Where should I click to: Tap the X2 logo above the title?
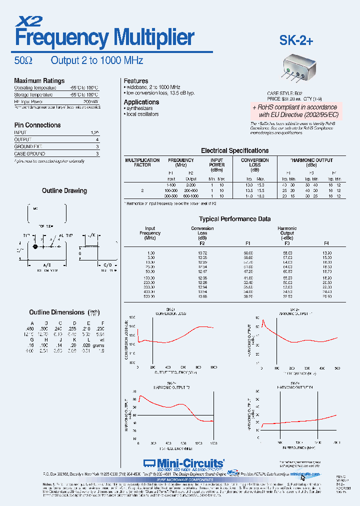coord(30,20)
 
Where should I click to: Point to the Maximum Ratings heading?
coord(39,80)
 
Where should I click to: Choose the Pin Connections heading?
coord(37,125)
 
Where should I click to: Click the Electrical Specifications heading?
coord(234,150)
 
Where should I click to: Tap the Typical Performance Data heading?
coord(234,219)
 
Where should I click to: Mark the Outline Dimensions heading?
coord(58,312)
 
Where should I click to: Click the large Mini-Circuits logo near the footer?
coord(183,463)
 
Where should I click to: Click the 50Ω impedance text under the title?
coord(23,60)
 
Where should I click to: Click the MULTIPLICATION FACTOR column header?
coord(142,162)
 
